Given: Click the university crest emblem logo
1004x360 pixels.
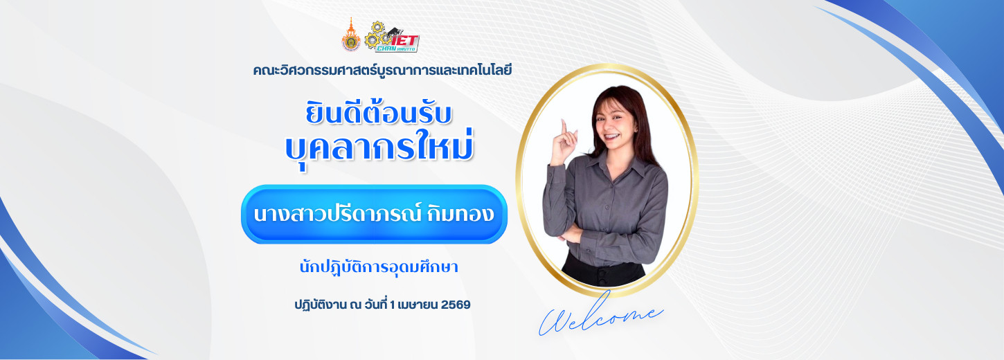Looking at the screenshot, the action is [x=351, y=35].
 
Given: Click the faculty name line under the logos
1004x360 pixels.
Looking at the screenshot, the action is [x=382, y=71].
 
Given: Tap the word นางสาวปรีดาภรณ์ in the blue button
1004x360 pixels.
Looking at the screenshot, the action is [x=337, y=214].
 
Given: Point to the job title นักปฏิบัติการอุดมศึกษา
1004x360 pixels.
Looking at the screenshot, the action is [x=379, y=267].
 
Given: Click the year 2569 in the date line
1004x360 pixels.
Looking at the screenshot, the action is [x=456, y=305].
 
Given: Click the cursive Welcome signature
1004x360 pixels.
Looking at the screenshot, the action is [x=601, y=316].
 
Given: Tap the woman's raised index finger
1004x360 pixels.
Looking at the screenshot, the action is [x=564, y=126].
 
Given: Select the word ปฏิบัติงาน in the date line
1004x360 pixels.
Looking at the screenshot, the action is [x=320, y=305].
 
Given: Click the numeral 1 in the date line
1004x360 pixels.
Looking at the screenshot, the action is [x=393, y=305].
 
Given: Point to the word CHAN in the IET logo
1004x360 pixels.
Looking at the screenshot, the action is [x=386, y=48].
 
